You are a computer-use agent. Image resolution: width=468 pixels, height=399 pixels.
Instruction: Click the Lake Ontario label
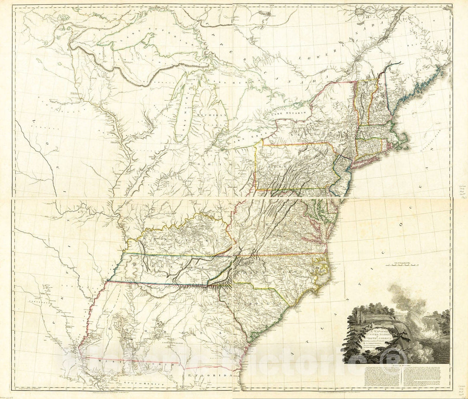point(289,113)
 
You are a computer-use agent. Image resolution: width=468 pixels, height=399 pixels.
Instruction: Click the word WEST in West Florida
point(108,361)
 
